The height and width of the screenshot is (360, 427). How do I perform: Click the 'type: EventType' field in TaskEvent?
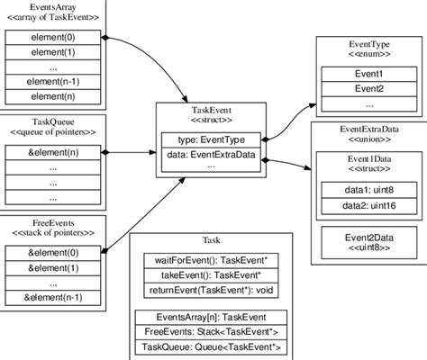211,139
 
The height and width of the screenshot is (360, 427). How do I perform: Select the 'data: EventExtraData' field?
211,155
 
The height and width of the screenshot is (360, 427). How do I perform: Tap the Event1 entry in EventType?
368,74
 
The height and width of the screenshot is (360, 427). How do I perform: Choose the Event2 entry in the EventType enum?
368,88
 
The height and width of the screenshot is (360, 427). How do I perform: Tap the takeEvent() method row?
211,275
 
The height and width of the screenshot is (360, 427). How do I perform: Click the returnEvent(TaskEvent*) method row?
211,290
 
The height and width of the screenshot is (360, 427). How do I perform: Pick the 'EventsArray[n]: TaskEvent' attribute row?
211,318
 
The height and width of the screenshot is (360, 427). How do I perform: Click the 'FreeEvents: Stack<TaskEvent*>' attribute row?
211,332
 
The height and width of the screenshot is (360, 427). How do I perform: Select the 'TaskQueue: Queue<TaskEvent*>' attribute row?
211,346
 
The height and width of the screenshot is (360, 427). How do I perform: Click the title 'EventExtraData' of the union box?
368,131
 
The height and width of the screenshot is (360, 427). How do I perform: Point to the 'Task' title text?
211,240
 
